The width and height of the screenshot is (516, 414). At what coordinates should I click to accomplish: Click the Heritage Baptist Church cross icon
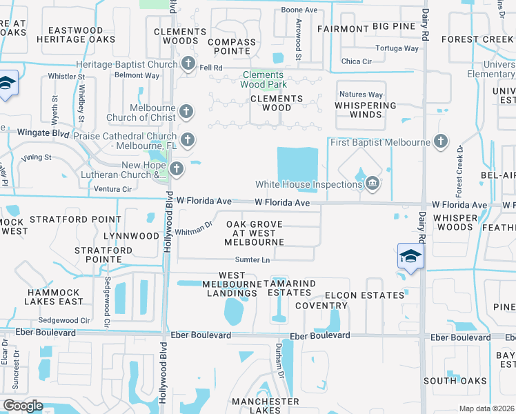(x=188, y=65)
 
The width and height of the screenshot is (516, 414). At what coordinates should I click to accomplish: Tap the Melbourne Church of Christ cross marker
(x=185, y=111)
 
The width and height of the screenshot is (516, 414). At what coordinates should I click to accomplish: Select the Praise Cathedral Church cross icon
(x=188, y=140)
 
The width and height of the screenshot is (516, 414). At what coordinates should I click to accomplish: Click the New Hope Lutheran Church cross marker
(x=177, y=169)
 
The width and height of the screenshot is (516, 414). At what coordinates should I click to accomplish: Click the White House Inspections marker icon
(x=373, y=183)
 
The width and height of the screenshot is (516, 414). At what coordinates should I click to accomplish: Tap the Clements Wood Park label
(x=263, y=79)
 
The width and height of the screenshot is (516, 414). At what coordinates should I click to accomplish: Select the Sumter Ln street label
(x=252, y=260)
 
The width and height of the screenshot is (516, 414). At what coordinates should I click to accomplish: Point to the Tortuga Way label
(x=397, y=48)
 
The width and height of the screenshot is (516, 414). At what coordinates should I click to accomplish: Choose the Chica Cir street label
(x=357, y=61)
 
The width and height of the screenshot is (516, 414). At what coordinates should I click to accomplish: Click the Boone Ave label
(x=299, y=10)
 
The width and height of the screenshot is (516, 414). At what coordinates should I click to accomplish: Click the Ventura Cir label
(x=112, y=188)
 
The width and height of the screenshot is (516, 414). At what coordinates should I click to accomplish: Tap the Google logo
(x=22, y=405)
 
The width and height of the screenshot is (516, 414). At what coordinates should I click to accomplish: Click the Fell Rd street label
(x=210, y=68)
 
